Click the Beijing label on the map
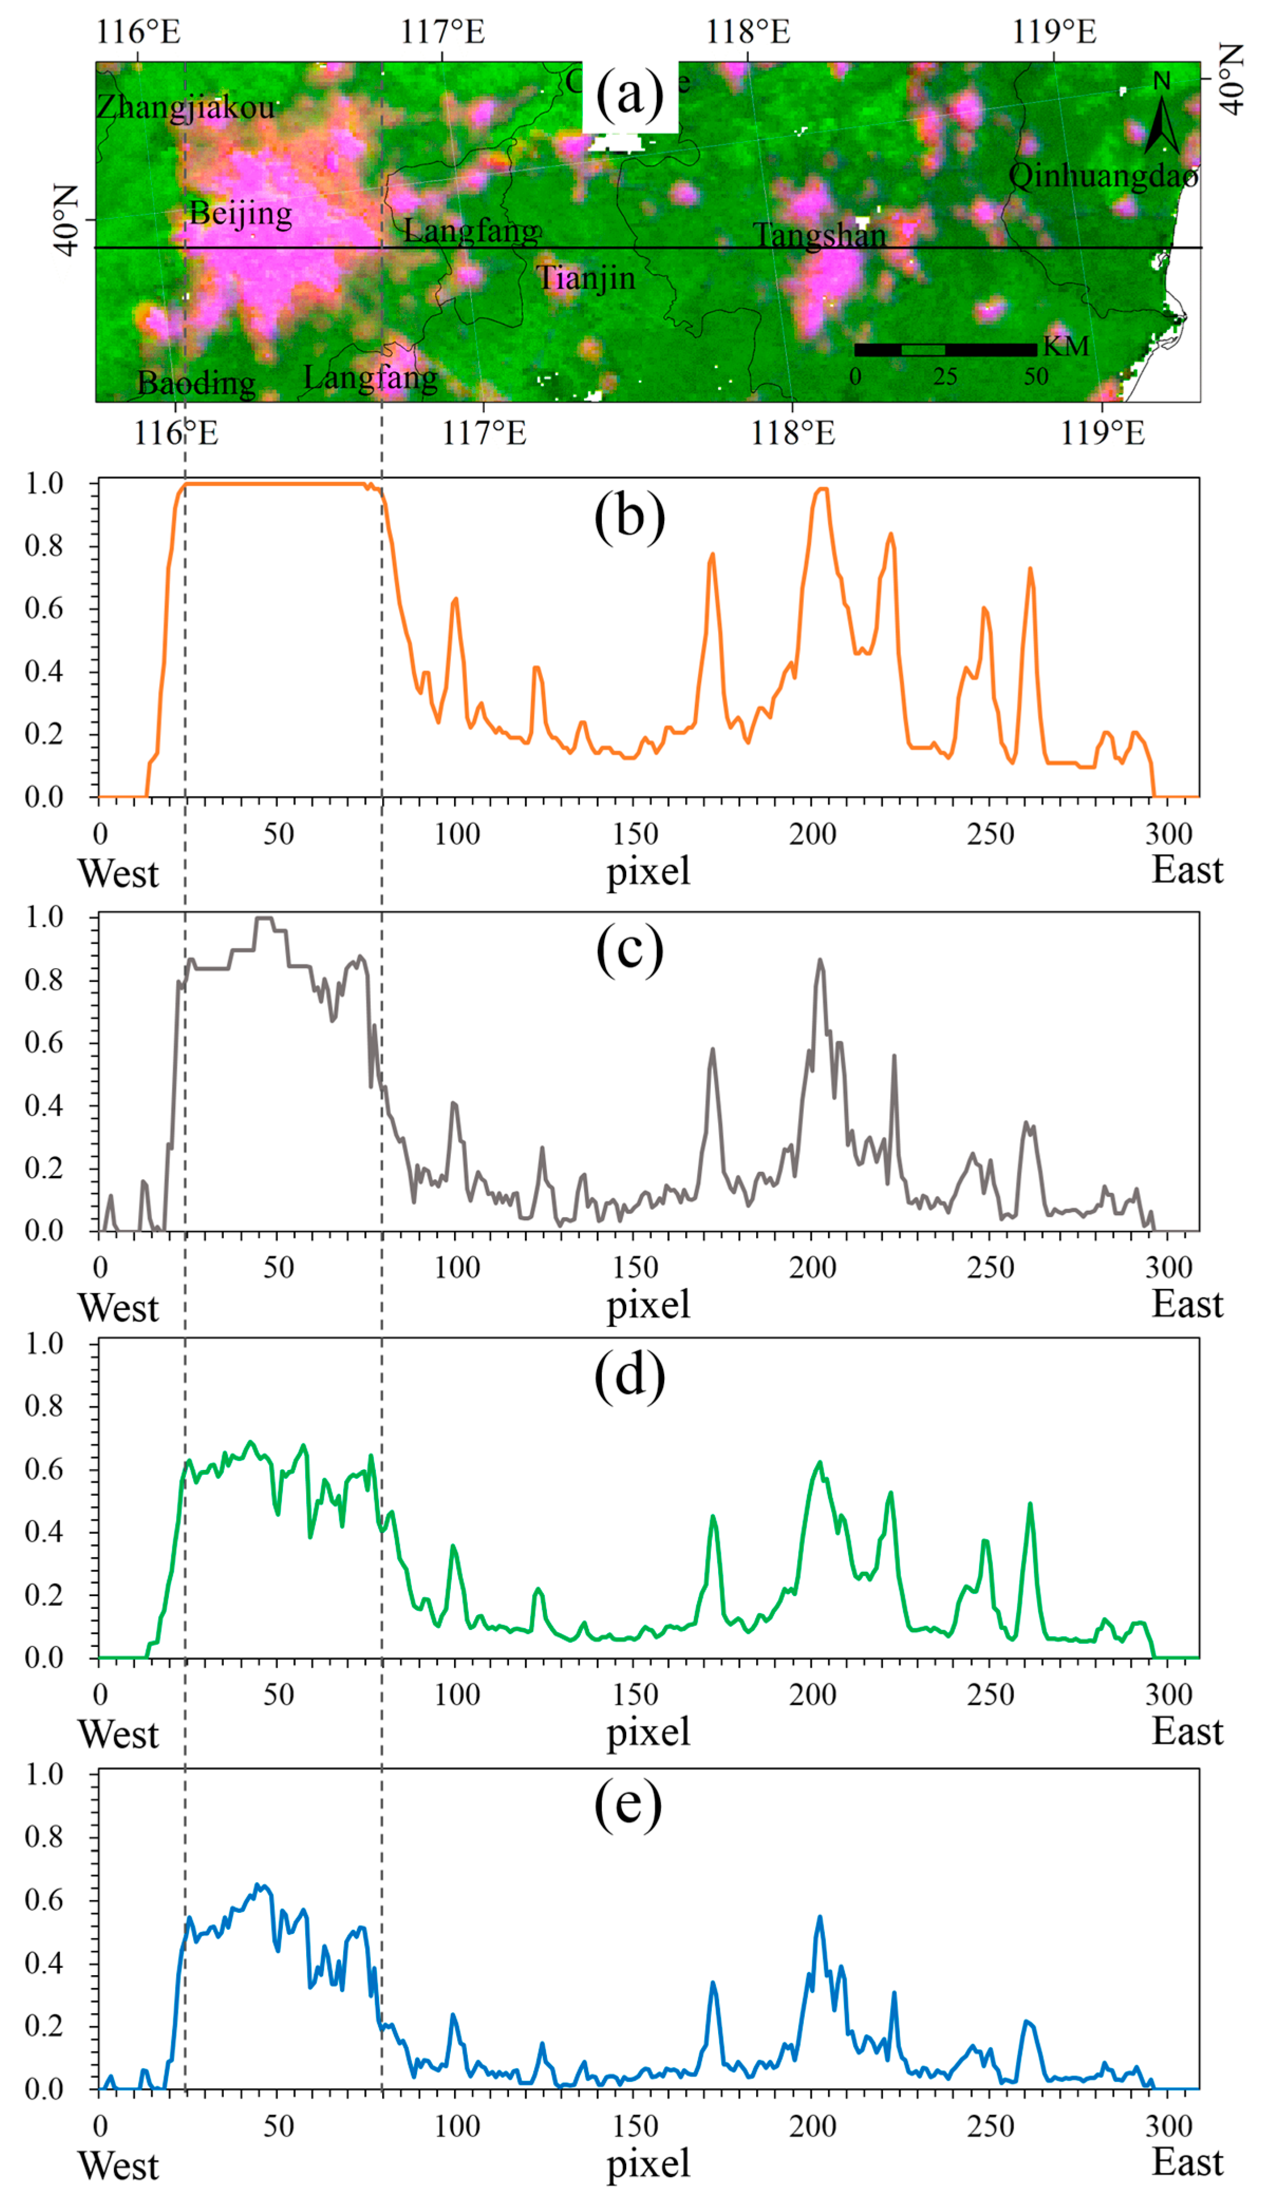coord(240,213)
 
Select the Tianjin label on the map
coord(586,278)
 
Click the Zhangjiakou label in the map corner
coord(185,108)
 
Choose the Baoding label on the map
coord(196,382)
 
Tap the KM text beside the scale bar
coord(1065,347)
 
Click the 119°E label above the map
coord(1054,32)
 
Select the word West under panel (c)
coord(119,1308)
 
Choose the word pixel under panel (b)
coord(648,871)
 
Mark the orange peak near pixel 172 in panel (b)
coord(712,554)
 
